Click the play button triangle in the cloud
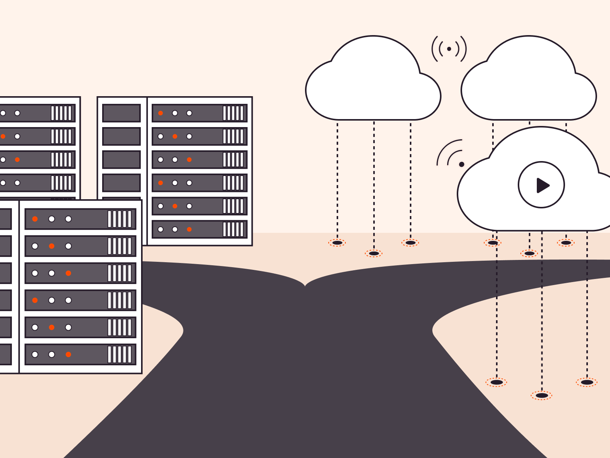tap(542, 185)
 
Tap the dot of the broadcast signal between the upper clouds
tap(449, 49)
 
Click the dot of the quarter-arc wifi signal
tap(461, 164)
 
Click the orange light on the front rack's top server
tap(35, 219)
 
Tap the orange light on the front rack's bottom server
tap(68, 355)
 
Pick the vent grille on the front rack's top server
tap(120, 219)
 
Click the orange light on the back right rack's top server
tap(161, 113)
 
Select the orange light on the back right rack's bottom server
tap(189, 229)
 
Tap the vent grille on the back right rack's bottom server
tap(233, 229)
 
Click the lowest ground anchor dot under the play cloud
tap(541, 395)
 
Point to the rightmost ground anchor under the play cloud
tap(587, 382)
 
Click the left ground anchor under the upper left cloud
tap(337, 243)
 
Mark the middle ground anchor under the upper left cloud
tap(374, 253)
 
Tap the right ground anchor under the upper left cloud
tap(410, 243)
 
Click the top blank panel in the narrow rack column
tap(122, 113)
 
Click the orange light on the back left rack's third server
tap(17, 160)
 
